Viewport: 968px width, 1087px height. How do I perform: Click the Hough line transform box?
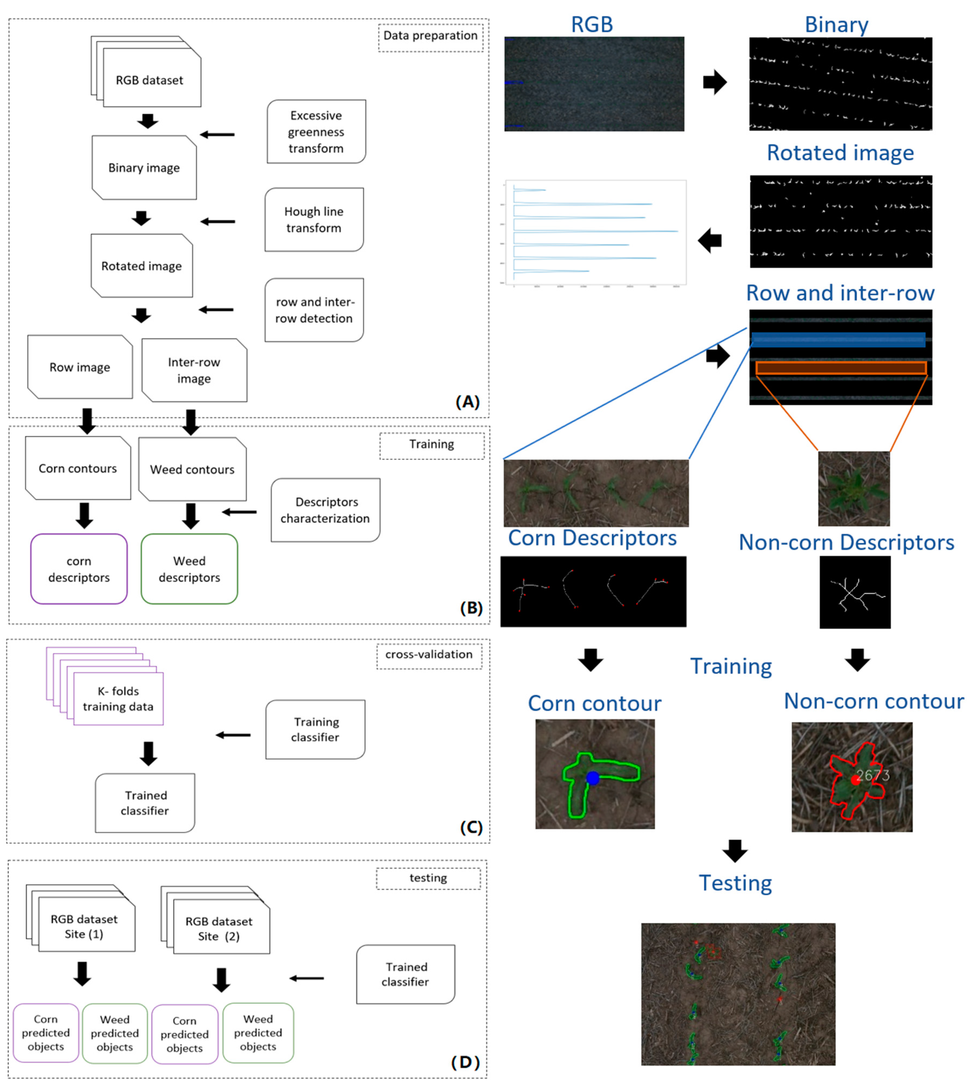tap(314, 220)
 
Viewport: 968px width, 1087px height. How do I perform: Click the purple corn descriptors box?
tap(79, 569)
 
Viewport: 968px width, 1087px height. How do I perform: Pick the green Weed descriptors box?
tap(189, 569)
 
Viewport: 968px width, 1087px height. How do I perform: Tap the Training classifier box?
tap(315, 729)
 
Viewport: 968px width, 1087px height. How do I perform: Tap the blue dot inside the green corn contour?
tap(592, 778)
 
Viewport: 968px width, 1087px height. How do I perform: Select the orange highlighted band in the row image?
tap(841, 368)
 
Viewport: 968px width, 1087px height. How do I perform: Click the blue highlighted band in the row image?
tap(838, 339)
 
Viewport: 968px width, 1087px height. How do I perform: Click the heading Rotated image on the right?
tap(840, 153)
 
